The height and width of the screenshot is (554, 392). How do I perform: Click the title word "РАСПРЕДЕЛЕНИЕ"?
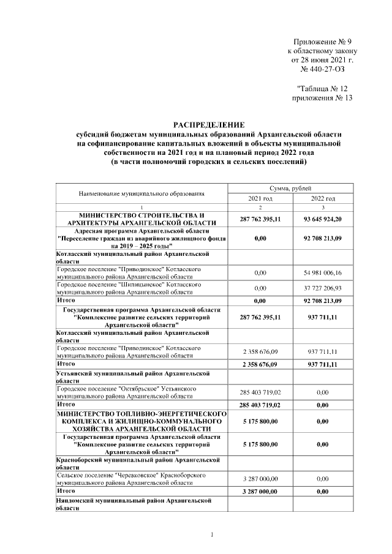click(208, 124)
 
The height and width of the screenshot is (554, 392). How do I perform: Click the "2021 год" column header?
click(260, 198)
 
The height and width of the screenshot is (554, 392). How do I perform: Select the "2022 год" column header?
click(323, 198)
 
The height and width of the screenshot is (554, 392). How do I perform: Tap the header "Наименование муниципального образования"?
click(141, 193)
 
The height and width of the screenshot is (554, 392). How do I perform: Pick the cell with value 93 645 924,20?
click(323, 219)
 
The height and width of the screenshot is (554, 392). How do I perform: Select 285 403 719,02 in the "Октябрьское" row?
click(260, 392)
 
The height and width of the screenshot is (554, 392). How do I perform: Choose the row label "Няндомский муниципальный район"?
click(133, 504)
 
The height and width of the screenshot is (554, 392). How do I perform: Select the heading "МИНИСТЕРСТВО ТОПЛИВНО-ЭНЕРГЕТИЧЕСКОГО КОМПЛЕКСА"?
click(141, 422)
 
